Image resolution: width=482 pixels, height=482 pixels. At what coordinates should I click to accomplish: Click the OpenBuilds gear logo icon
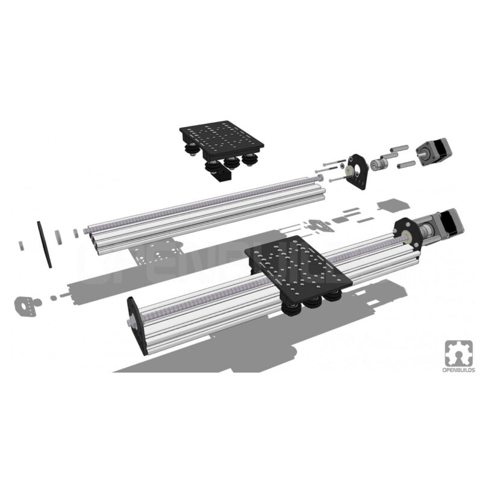(x=459, y=353)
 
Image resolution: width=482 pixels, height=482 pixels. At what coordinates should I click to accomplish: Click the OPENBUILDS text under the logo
(x=459, y=370)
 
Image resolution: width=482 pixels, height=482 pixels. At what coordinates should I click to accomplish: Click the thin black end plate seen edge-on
(x=45, y=245)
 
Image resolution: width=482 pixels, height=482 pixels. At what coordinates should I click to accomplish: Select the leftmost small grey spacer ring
(x=21, y=246)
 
